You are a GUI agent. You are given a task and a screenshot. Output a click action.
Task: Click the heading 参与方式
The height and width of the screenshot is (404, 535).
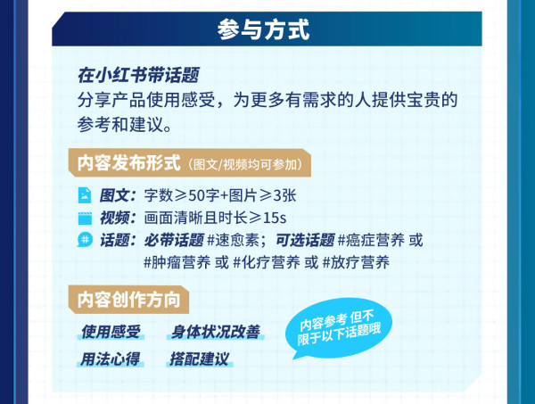(x=263, y=29)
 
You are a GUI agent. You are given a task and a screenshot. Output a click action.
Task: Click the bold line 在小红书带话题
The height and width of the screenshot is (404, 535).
(x=138, y=76)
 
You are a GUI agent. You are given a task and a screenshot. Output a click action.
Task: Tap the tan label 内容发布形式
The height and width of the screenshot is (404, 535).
(x=128, y=163)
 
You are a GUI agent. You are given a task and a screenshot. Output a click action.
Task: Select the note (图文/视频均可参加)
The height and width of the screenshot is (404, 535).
(x=244, y=164)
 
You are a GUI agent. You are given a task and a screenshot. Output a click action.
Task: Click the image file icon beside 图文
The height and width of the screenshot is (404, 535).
(x=85, y=195)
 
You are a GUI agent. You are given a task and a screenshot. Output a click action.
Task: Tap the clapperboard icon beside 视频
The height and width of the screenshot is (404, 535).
(x=85, y=218)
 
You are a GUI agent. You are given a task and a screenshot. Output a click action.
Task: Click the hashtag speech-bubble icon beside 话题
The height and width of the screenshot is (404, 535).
(x=85, y=240)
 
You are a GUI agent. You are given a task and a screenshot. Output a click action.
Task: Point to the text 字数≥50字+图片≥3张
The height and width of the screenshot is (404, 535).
(x=220, y=196)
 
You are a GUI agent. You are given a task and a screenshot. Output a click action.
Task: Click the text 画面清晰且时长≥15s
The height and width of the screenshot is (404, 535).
(x=215, y=218)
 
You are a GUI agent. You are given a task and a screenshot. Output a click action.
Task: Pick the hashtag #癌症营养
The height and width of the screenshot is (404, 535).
(x=371, y=240)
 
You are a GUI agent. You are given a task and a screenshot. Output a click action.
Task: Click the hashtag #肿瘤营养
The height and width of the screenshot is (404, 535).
(x=177, y=262)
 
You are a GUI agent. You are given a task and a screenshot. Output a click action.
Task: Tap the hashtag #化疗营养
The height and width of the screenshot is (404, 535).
(x=267, y=262)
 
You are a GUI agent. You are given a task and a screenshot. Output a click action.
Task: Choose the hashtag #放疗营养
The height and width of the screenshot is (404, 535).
(x=356, y=262)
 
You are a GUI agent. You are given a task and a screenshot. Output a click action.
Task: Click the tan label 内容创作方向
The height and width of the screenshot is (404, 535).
(x=128, y=300)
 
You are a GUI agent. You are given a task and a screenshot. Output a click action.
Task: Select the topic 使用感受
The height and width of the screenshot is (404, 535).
(x=111, y=332)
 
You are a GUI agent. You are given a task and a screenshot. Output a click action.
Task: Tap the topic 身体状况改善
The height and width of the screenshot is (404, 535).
(x=215, y=332)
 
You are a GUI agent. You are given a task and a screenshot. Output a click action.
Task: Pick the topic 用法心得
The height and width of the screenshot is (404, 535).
(x=110, y=359)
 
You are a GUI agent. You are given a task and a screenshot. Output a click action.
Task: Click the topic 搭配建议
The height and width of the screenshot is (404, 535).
(x=199, y=359)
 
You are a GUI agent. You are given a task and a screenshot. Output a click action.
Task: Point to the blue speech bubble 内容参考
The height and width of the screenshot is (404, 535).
(x=339, y=327)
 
